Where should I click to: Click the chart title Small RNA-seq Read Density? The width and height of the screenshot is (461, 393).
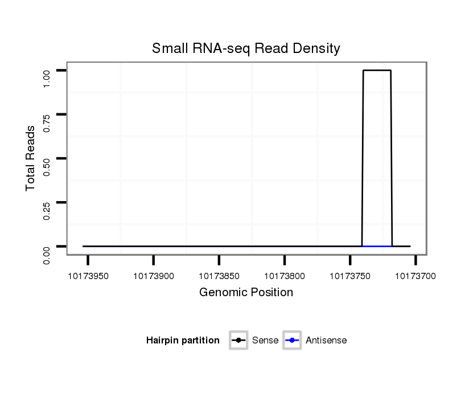(246, 48)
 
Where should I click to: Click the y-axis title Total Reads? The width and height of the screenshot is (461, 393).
(31, 158)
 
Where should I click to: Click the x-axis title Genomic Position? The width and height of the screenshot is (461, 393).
(246, 293)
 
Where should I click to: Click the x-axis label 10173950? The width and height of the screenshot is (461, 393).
(88, 276)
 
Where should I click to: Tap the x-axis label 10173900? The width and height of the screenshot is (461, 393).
(153, 276)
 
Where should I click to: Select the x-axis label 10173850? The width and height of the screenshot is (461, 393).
(219, 276)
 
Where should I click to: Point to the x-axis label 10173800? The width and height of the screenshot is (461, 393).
(284, 276)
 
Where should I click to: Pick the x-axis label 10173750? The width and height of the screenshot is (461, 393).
(350, 276)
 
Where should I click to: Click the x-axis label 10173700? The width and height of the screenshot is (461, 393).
(415, 276)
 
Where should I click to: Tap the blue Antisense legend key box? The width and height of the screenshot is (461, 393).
(291, 341)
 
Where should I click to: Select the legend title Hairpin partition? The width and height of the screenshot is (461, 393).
(183, 341)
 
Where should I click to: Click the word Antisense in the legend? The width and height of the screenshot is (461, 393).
(326, 341)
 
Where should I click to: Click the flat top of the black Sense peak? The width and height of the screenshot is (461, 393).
(377, 70)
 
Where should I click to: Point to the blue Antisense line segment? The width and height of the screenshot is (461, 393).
(377, 246)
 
